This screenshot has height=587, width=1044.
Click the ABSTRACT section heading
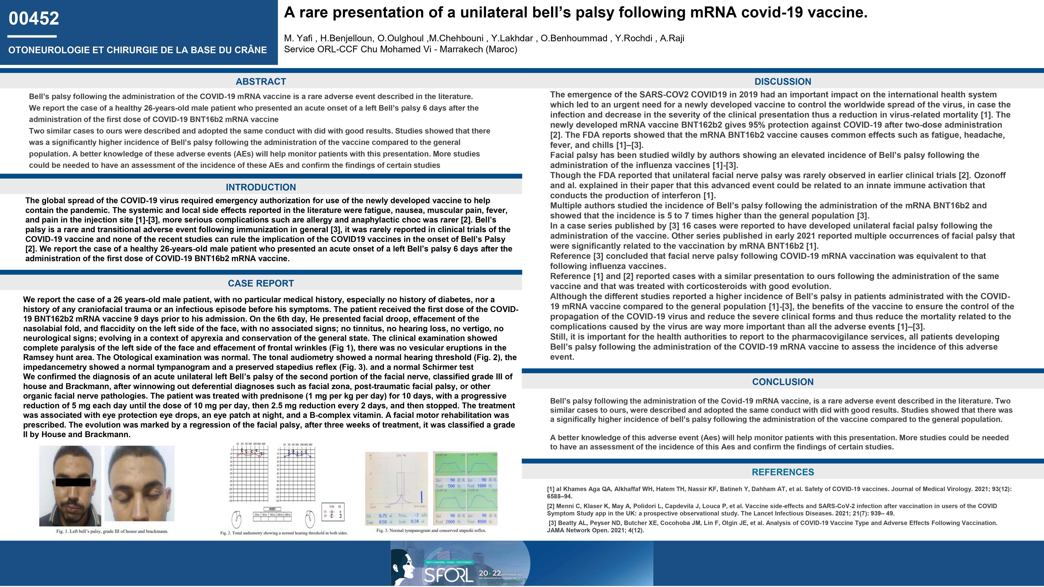click(261, 81)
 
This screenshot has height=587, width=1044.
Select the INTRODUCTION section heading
click(261, 187)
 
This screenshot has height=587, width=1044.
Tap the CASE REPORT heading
click(261, 283)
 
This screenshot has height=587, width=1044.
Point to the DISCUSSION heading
click(783, 81)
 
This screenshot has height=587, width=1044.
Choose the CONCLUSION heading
click(783, 382)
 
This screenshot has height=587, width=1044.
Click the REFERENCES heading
click(783, 472)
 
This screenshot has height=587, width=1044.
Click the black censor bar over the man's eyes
click(73, 482)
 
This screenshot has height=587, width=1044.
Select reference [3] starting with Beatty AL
click(772, 526)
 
